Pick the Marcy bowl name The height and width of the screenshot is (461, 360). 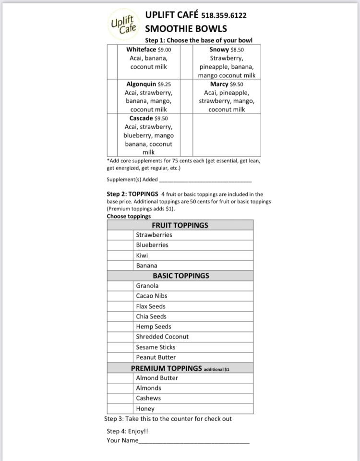point(219,84)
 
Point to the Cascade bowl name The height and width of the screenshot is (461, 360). point(141,118)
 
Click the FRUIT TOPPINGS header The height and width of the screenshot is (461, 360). point(180,225)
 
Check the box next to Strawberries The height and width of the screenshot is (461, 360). point(120,235)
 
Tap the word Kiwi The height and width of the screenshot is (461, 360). point(142,255)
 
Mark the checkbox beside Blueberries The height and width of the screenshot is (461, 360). point(120,245)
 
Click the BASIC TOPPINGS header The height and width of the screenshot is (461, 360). point(180,276)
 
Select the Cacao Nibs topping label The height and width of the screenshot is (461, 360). point(152,296)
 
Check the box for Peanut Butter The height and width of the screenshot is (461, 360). point(120,357)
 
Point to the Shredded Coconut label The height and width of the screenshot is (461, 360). point(162,337)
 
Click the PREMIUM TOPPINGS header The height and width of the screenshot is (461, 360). point(166,368)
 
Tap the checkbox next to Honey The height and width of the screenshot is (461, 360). point(120,409)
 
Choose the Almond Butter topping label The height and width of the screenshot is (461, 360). point(157,378)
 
